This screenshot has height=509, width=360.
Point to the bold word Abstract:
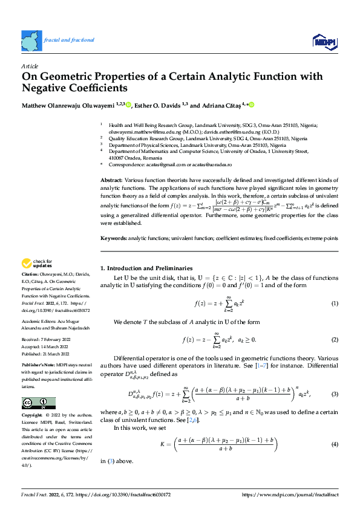[111, 181]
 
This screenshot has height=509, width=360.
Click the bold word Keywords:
[113, 239]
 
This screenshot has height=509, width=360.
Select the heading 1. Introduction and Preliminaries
[146, 268]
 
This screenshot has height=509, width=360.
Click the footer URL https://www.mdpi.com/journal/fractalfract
[291, 494]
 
